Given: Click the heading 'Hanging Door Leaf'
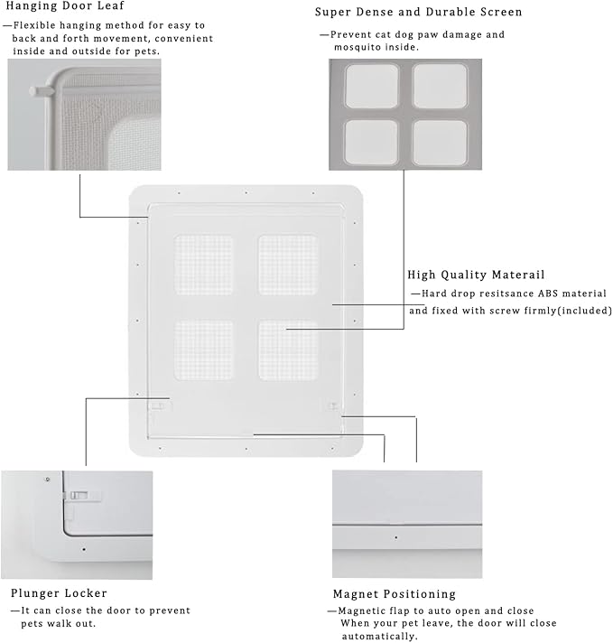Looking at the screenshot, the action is (65, 5).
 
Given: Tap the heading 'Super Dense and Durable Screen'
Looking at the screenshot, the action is (419, 12).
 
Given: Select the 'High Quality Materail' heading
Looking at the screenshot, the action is (476, 275).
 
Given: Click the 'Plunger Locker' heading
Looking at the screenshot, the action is (59, 593).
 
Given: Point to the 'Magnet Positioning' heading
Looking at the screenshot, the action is (395, 594).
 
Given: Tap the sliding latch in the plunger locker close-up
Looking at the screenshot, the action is (80, 496).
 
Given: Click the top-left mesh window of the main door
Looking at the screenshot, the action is (203, 265).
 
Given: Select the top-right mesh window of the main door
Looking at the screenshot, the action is (288, 265).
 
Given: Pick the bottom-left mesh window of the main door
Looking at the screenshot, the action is (203, 349).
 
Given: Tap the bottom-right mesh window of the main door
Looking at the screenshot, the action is (288, 349).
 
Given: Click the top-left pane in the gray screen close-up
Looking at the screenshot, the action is (371, 86).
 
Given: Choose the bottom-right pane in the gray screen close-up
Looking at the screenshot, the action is (440, 143).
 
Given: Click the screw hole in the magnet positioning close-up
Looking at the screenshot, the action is (395, 537).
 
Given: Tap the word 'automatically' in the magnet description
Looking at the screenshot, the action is (379, 637).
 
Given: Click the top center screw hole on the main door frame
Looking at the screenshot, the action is (246, 192).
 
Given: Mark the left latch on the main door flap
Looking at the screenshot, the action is (158, 406).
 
